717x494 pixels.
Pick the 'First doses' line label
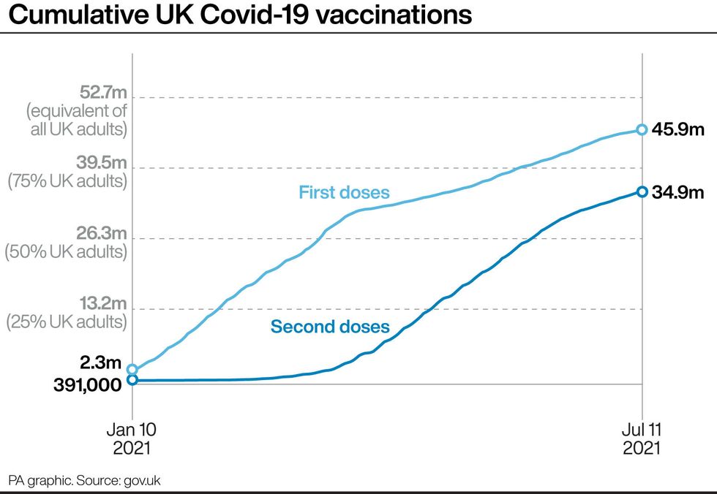(344, 193)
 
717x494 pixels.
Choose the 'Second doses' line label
(330, 327)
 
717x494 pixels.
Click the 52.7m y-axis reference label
(103, 92)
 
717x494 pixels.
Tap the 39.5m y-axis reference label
(103, 162)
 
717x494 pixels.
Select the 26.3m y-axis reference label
(103, 233)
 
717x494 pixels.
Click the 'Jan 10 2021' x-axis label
(133, 437)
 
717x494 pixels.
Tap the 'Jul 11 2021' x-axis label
(642, 437)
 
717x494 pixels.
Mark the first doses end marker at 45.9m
(642, 129)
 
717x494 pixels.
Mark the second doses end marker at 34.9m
(642, 191)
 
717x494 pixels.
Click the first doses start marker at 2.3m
(132, 370)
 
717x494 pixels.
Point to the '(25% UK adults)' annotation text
(67, 322)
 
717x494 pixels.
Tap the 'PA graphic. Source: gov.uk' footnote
(84, 480)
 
